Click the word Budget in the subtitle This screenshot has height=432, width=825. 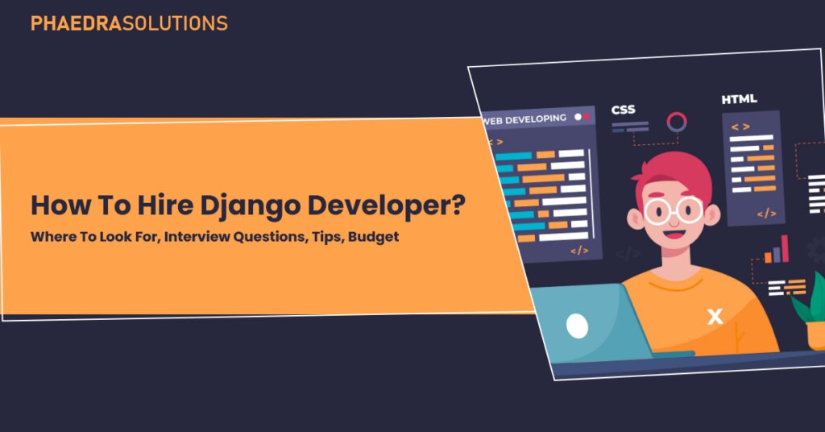click(x=373, y=239)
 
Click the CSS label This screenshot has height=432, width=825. click(x=624, y=110)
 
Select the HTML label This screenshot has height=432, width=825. click(x=739, y=99)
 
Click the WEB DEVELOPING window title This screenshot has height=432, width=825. click(x=525, y=118)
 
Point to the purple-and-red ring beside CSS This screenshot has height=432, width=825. click(x=677, y=123)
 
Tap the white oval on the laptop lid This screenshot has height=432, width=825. click(x=577, y=326)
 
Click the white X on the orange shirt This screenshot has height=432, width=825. click(x=715, y=317)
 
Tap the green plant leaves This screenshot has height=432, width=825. click(x=810, y=298)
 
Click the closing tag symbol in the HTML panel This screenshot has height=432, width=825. click(x=766, y=214)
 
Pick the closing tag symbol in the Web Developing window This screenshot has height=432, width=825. click(x=579, y=251)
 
